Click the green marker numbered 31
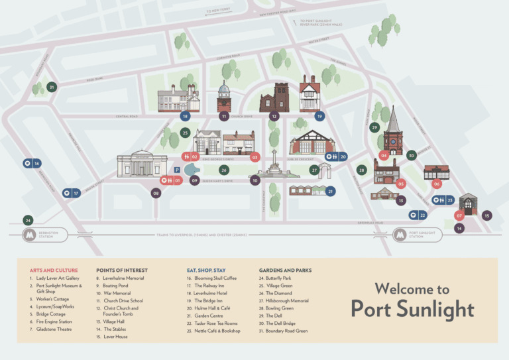[x=52, y=87]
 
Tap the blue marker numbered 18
[x=185, y=116]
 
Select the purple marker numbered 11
[x=224, y=116]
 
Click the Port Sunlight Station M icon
[x=400, y=235]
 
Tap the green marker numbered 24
[x=28, y=220]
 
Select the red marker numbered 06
[x=437, y=184]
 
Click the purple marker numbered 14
[x=459, y=228]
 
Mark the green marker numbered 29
[x=374, y=127]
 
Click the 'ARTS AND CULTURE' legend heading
[x=54, y=270]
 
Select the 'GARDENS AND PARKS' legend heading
[x=285, y=270]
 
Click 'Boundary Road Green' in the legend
[x=286, y=331]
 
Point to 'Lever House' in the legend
[x=116, y=337]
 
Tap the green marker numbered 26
[x=224, y=170]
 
